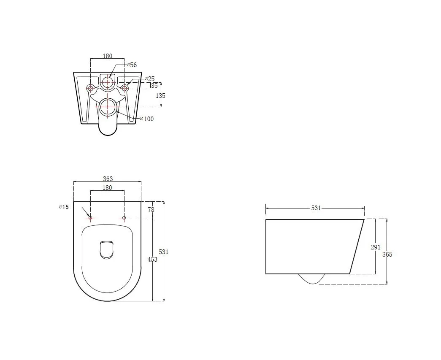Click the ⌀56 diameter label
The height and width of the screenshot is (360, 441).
coord(132,65)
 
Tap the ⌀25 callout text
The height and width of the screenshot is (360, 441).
coord(150,79)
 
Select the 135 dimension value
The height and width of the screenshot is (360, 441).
coord(160,96)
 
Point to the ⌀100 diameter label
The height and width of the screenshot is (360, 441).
coord(147,119)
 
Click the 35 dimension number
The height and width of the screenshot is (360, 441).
coord(154,86)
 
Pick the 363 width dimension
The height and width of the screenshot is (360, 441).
coord(108,179)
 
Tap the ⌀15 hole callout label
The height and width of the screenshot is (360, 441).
coord(64,207)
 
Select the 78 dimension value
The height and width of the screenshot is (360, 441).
coord(151,209)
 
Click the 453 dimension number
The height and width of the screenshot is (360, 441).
coord(152,259)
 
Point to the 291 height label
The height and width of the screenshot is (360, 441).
coord(376,247)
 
